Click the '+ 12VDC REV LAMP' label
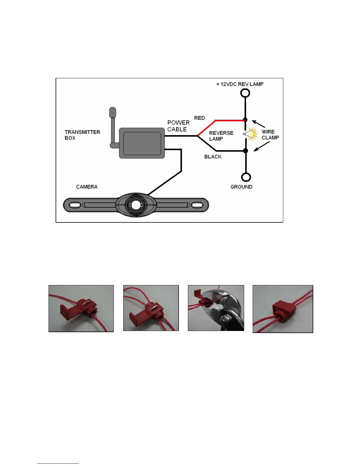point(240,84)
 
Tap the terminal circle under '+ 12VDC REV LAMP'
point(245,93)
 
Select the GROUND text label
point(241,187)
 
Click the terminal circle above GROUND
point(246,177)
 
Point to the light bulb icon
point(251,134)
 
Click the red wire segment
point(229,120)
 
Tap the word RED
point(199,118)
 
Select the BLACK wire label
point(213,157)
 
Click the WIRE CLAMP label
point(270,135)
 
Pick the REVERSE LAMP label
point(221,136)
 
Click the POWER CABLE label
point(178,126)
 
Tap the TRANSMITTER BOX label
point(82,135)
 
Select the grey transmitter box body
point(142,143)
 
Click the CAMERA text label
point(87,187)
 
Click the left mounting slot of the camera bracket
point(75,205)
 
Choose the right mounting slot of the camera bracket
point(197,205)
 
